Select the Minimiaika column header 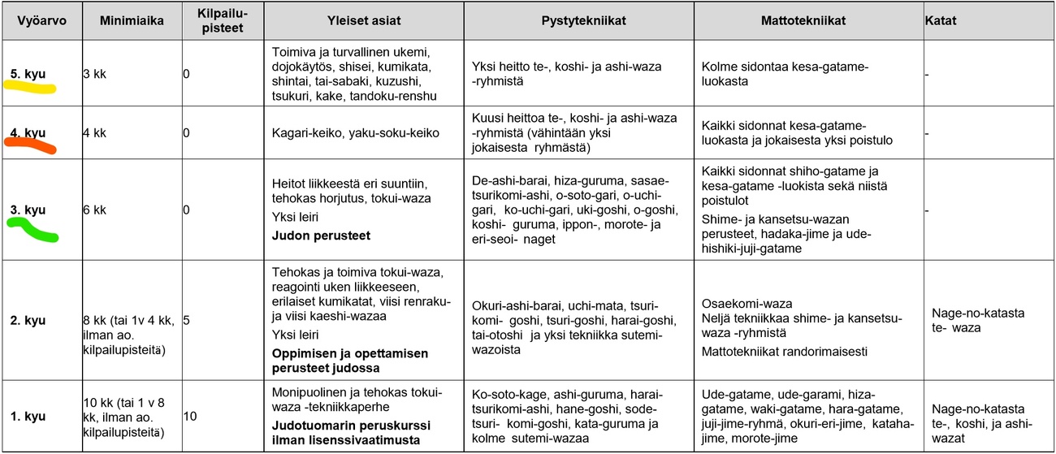point(132,20)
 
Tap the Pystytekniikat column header point(578,20)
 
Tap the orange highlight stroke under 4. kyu point(29,146)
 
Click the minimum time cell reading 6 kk point(95,210)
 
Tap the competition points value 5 point(187,320)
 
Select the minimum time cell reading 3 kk point(95,74)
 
